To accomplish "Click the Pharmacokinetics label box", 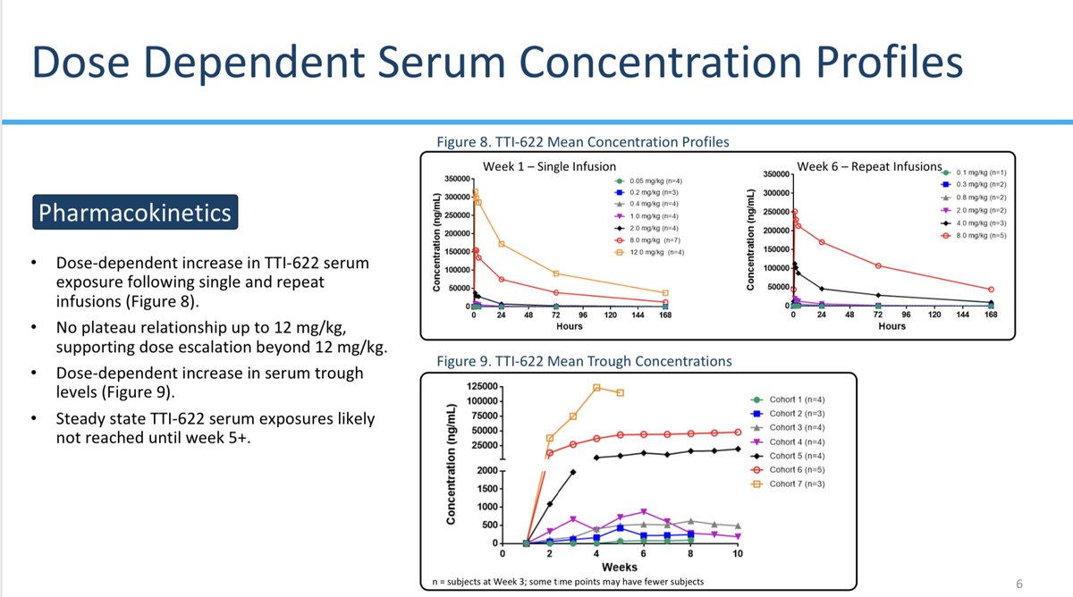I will pos(135,214).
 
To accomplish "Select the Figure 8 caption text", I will pos(582,141).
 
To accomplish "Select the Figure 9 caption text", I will pos(583,361).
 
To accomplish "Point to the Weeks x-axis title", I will pos(619,568).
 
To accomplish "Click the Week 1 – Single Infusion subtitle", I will pos(549,166).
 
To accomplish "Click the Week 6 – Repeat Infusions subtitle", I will pos(869,166).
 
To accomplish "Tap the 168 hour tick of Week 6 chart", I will pos(990,315).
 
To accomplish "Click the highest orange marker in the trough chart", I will pos(596,388).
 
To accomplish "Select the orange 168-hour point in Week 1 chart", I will pos(665,293).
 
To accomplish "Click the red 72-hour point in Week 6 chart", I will pos(877,265).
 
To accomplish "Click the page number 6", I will pos(1019,583).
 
